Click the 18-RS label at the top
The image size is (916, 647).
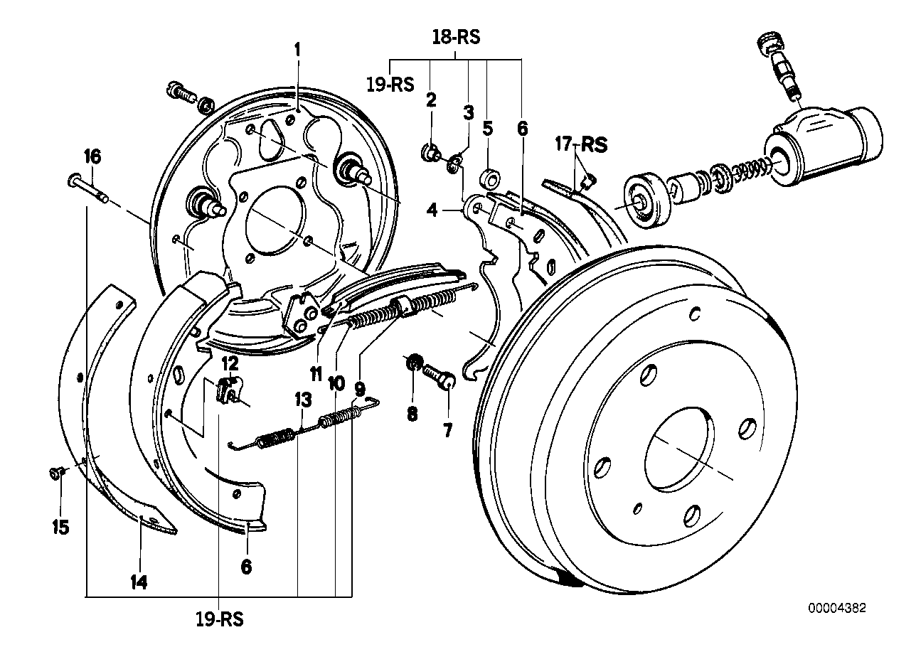456,38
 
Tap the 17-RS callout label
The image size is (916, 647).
581,144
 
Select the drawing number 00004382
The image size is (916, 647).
836,608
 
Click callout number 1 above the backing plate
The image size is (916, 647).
297,50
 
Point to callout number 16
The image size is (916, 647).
92,156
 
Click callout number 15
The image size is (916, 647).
60,528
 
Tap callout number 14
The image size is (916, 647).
139,582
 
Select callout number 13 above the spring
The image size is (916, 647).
304,400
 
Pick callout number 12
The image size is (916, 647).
230,363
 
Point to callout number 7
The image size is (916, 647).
448,430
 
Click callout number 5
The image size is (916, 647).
487,129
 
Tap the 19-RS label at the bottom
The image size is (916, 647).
220,619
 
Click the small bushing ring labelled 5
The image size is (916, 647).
490,179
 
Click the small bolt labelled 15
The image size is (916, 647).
56,474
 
